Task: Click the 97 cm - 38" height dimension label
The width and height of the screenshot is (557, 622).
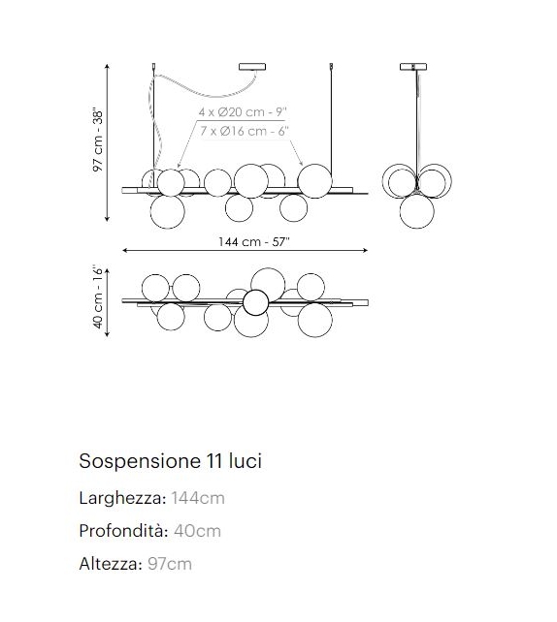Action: (97, 140)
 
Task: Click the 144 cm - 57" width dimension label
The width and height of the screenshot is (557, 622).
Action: (247, 242)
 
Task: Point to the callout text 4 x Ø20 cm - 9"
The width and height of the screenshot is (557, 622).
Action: (243, 112)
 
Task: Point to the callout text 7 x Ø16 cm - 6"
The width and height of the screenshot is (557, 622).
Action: (243, 130)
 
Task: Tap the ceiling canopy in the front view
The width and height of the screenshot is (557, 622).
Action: (252, 67)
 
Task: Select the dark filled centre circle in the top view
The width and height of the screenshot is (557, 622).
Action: (255, 302)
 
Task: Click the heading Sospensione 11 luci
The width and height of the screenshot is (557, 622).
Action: (170, 461)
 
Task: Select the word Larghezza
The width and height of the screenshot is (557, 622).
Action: (121, 498)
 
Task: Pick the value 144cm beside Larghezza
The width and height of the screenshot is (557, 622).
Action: (198, 498)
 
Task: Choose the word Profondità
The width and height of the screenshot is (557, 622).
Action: (122, 531)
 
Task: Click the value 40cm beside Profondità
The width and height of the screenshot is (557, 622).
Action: (197, 531)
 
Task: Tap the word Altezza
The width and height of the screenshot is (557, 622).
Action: (110, 563)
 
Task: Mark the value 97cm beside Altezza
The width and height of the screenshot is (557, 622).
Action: (171, 563)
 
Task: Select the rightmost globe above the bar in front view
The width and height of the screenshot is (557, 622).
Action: (313, 179)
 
